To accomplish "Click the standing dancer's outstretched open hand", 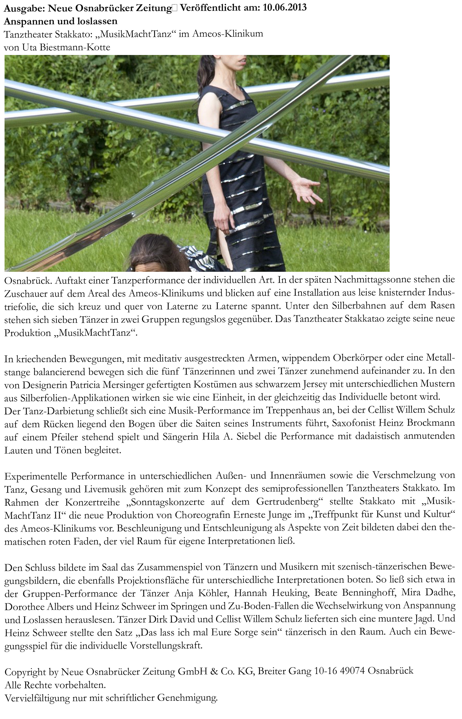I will tap(306, 189).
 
